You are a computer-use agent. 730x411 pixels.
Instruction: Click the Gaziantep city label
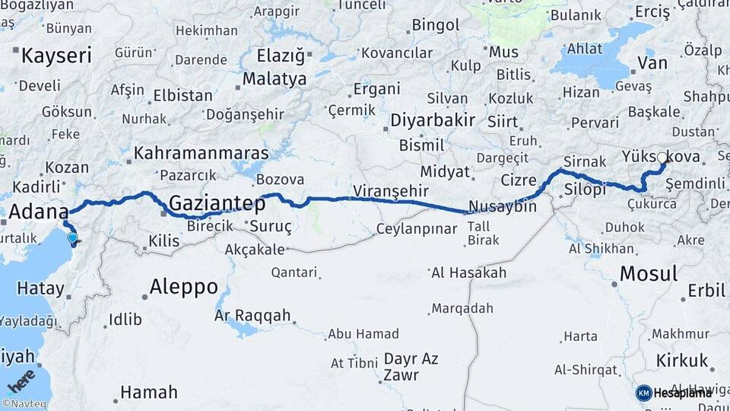pyautogui.click(x=217, y=204)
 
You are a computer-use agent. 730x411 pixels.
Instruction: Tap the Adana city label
pyautogui.click(x=37, y=212)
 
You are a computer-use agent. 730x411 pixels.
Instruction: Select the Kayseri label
pyautogui.click(x=56, y=56)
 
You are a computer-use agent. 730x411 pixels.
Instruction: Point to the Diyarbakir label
pyautogui.click(x=433, y=120)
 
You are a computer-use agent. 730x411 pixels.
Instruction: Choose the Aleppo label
pyautogui.click(x=184, y=288)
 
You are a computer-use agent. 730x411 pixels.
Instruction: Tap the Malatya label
pyautogui.click(x=275, y=79)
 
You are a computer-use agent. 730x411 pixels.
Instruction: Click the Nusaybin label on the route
pyautogui.click(x=503, y=207)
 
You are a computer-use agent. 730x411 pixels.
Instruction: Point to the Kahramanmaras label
pyautogui.click(x=201, y=153)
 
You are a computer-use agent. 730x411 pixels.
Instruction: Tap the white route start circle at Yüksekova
pyautogui.click(x=662, y=158)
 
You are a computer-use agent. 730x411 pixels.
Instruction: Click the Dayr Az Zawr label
pyautogui.click(x=411, y=366)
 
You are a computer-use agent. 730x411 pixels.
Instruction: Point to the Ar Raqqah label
pyautogui.click(x=252, y=315)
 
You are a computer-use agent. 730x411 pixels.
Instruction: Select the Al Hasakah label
pyautogui.click(x=468, y=273)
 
